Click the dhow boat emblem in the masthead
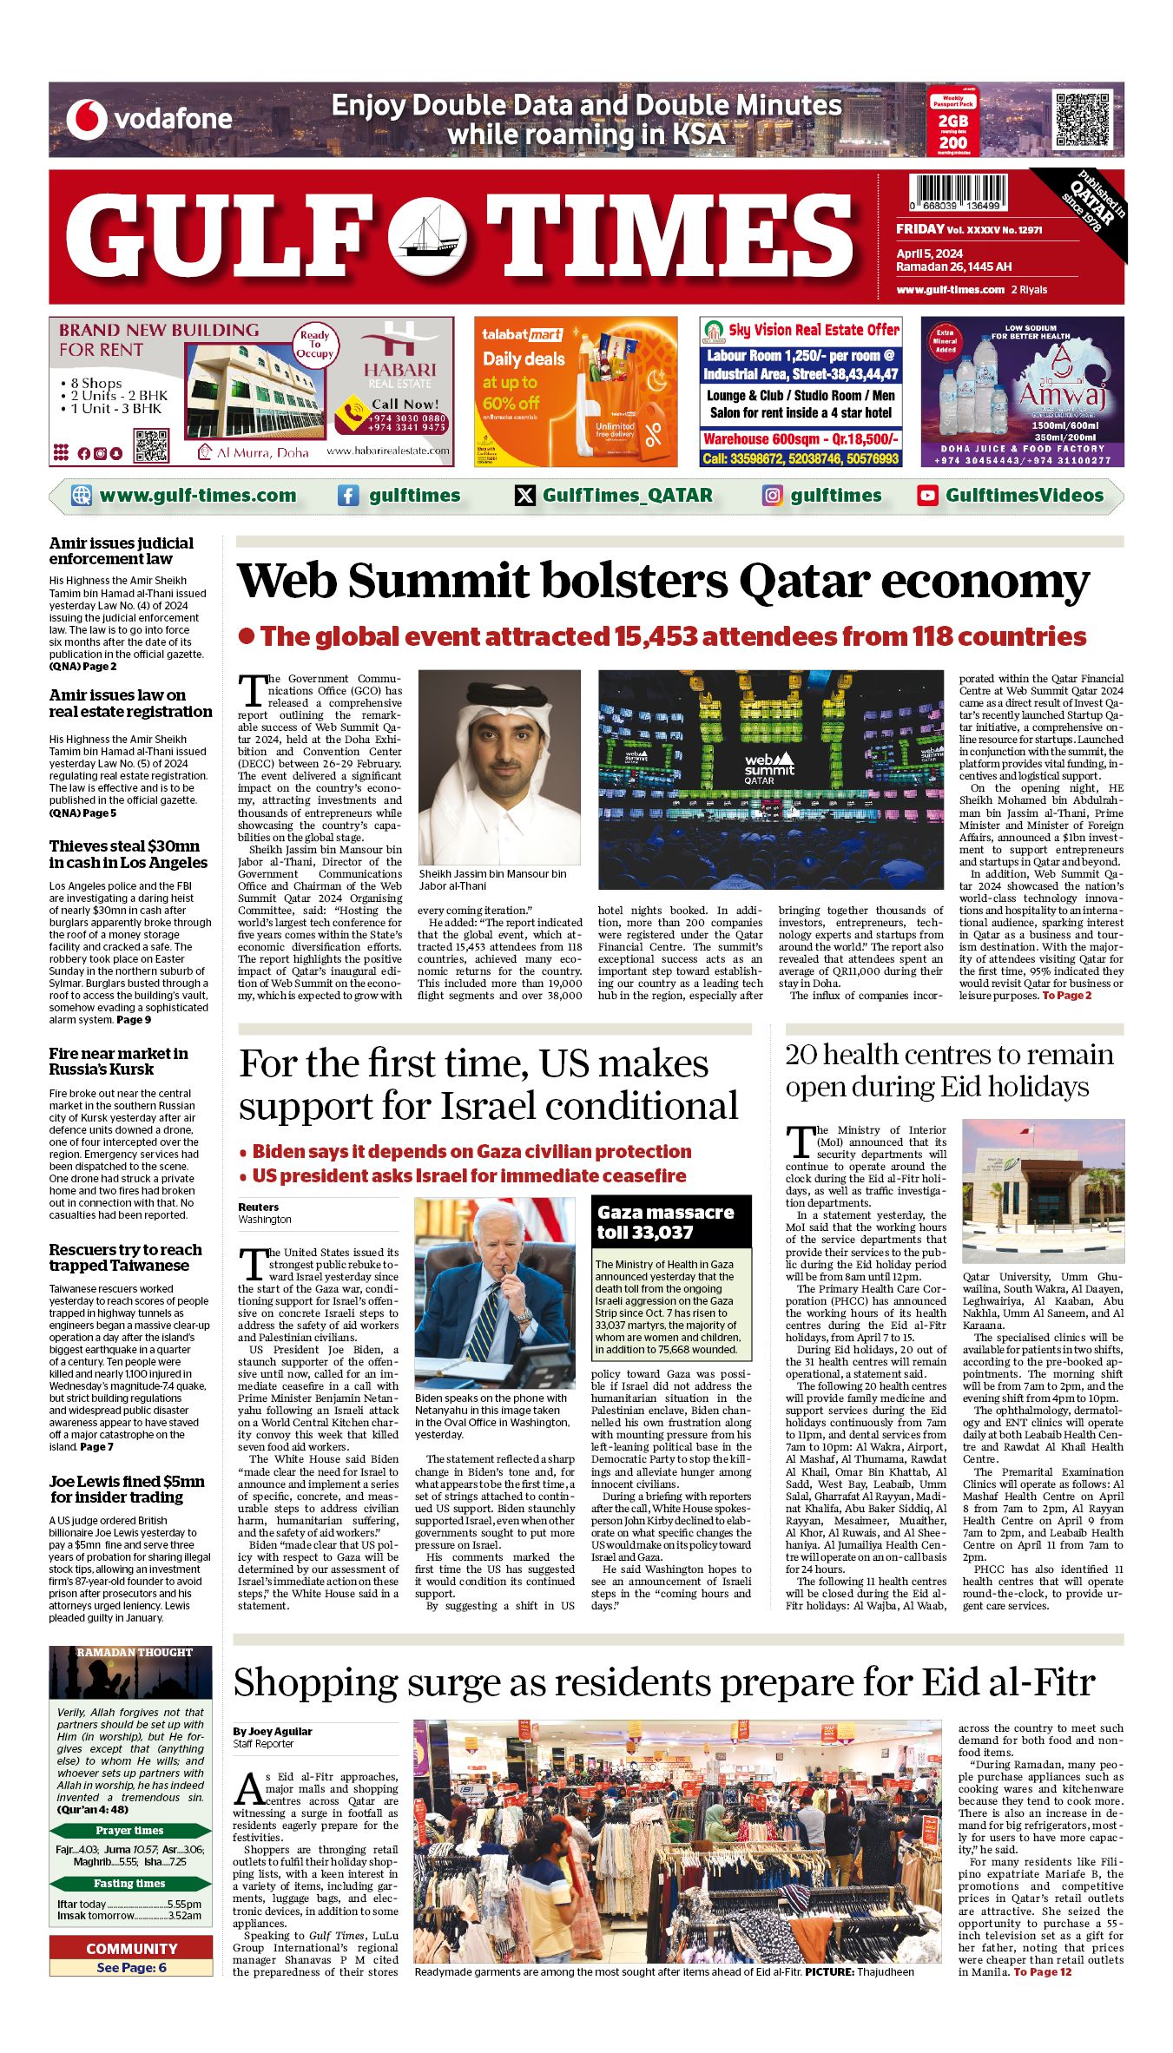(426, 237)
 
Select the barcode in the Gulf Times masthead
(959, 193)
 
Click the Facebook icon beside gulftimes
(348, 496)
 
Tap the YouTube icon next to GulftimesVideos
(927, 496)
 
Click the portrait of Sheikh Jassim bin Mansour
(499, 767)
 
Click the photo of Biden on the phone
(494, 1293)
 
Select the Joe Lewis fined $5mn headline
(127, 1489)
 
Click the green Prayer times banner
(130, 1831)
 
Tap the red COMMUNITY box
(131, 1949)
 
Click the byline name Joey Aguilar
(272, 1732)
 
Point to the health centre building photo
(1043, 1191)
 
